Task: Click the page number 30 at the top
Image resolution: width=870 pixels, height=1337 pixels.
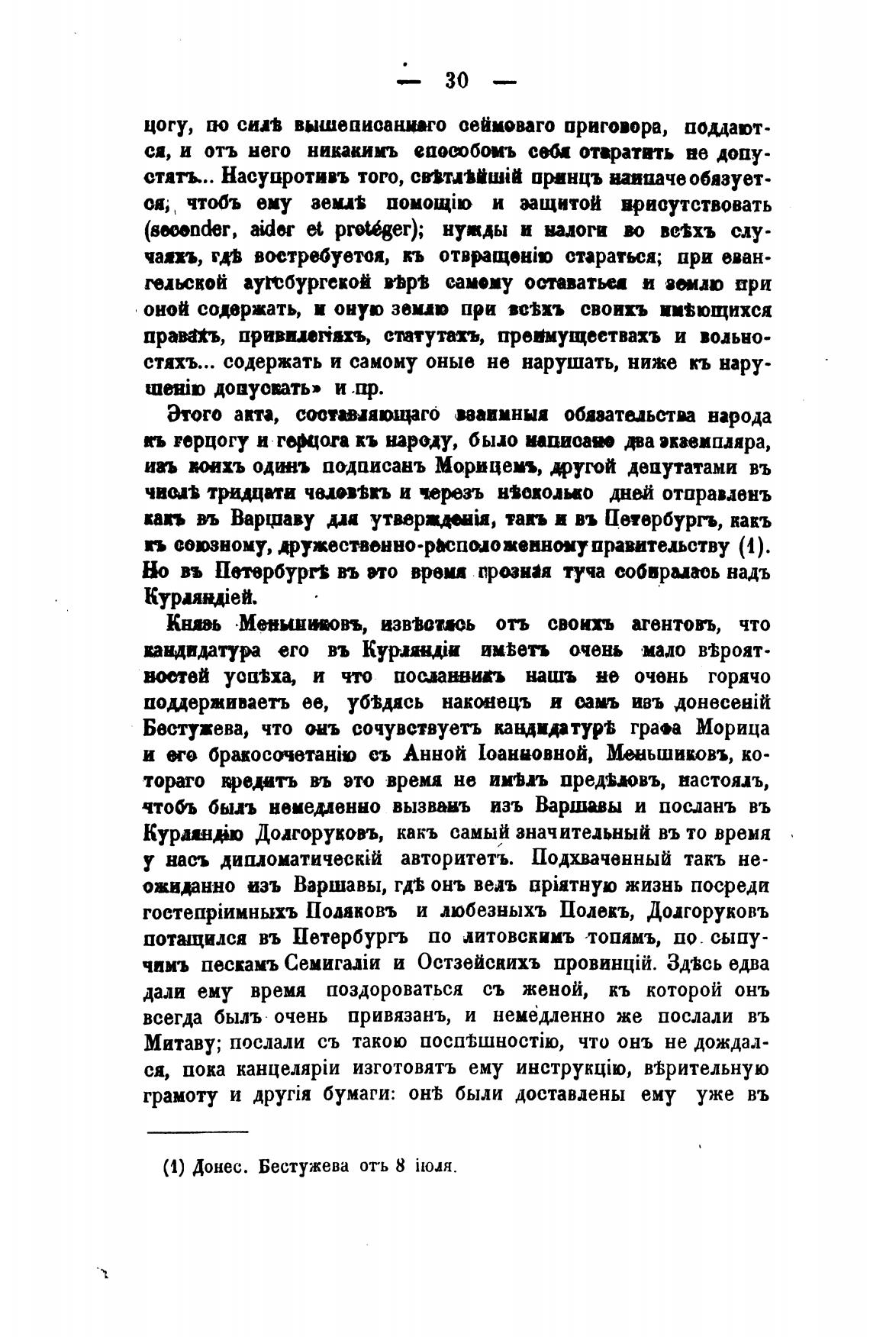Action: pyautogui.click(x=456, y=80)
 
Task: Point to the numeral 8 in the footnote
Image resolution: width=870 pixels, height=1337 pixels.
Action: pyautogui.click(x=401, y=1167)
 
